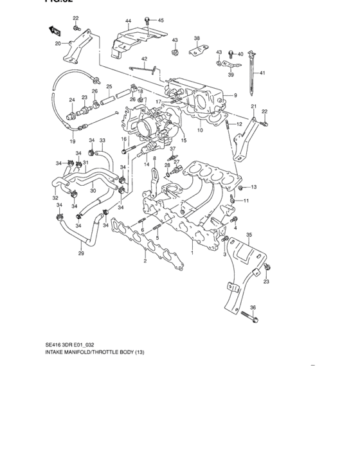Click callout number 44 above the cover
pos(128,21)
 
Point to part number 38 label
pos(197,38)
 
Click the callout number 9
pos(235,95)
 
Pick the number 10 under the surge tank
pos(199,130)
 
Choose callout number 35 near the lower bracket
pos(249,235)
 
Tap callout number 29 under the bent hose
pos(81,254)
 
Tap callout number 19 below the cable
pos(72,141)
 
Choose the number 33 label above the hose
pos(102,141)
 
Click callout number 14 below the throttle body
pos(147,165)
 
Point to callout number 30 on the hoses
pos(93,190)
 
